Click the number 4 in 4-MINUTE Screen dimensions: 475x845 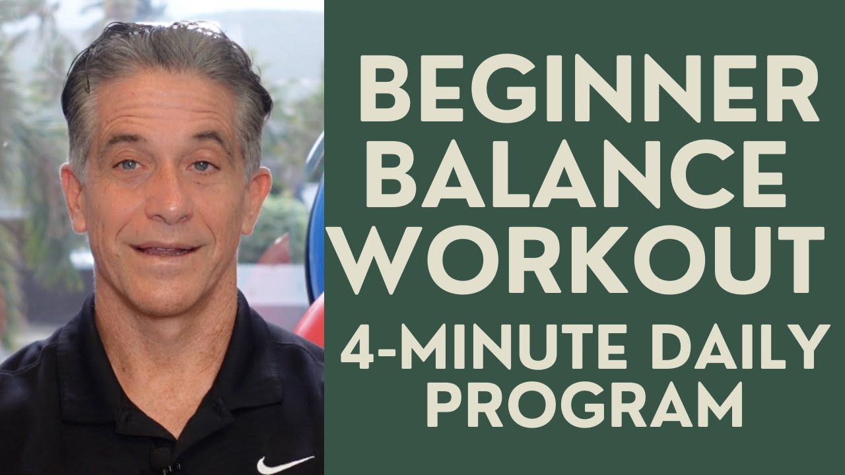(358, 349)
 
